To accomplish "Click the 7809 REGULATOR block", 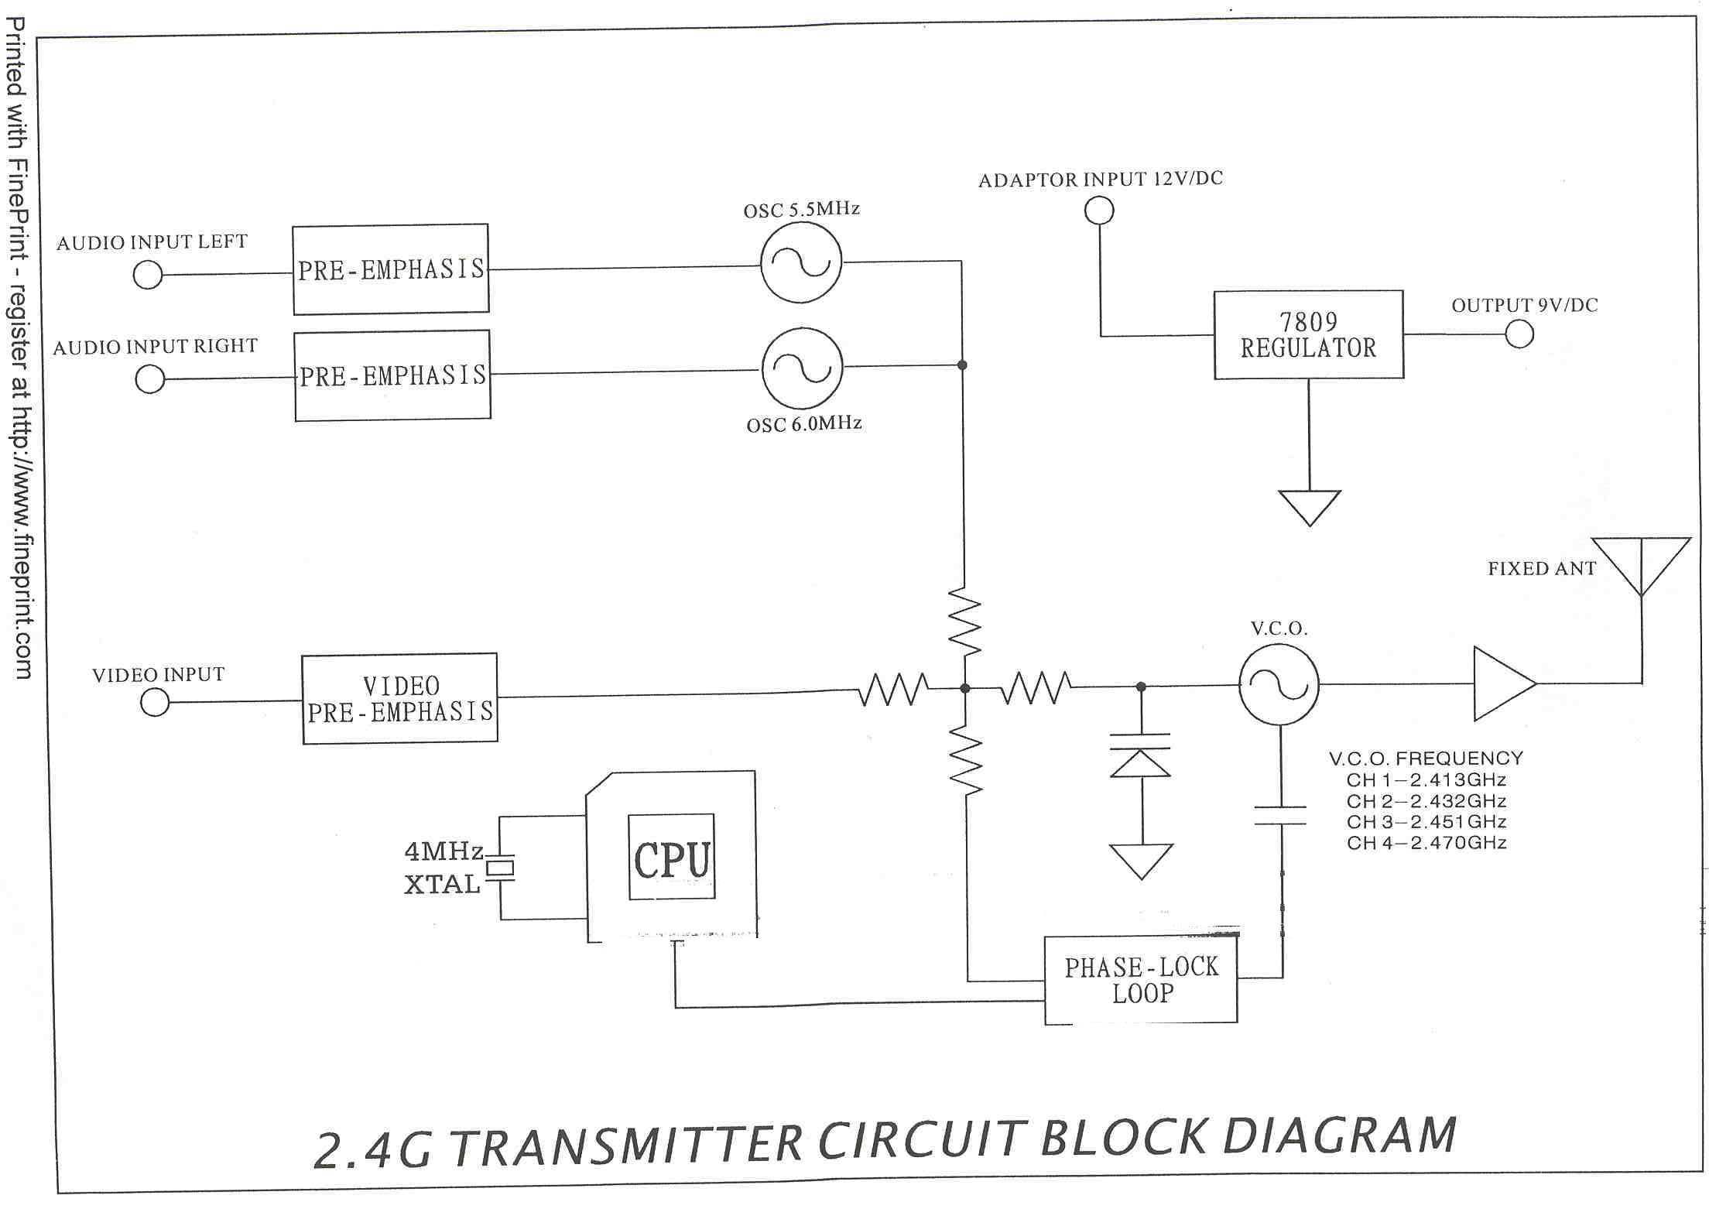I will click(1308, 335).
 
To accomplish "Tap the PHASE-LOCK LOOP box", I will click(1141, 980).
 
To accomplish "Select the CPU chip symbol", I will click(671, 857).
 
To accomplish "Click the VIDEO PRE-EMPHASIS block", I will click(399, 698).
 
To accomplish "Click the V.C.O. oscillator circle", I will click(1279, 684).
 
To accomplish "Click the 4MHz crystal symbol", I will click(500, 868).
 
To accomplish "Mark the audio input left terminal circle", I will click(148, 275).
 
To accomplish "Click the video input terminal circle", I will click(155, 702).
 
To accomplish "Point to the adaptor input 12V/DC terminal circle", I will click(1099, 210).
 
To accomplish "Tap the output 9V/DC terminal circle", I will click(1519, 334).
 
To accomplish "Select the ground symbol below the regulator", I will click(1309, 507).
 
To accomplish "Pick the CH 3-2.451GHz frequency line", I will click(1426, 821).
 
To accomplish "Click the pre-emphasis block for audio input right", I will click(392, 375).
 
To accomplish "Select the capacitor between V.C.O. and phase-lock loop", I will click(1280, 815).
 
